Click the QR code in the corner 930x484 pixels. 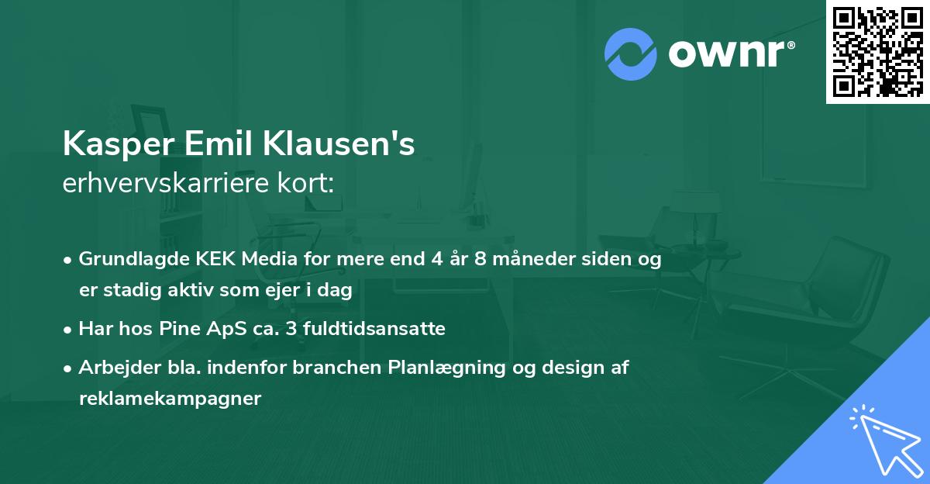click(878, 51)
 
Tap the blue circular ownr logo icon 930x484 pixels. click(631, 54)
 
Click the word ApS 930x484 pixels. click(214, 329)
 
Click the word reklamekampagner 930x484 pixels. click(170, 399)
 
